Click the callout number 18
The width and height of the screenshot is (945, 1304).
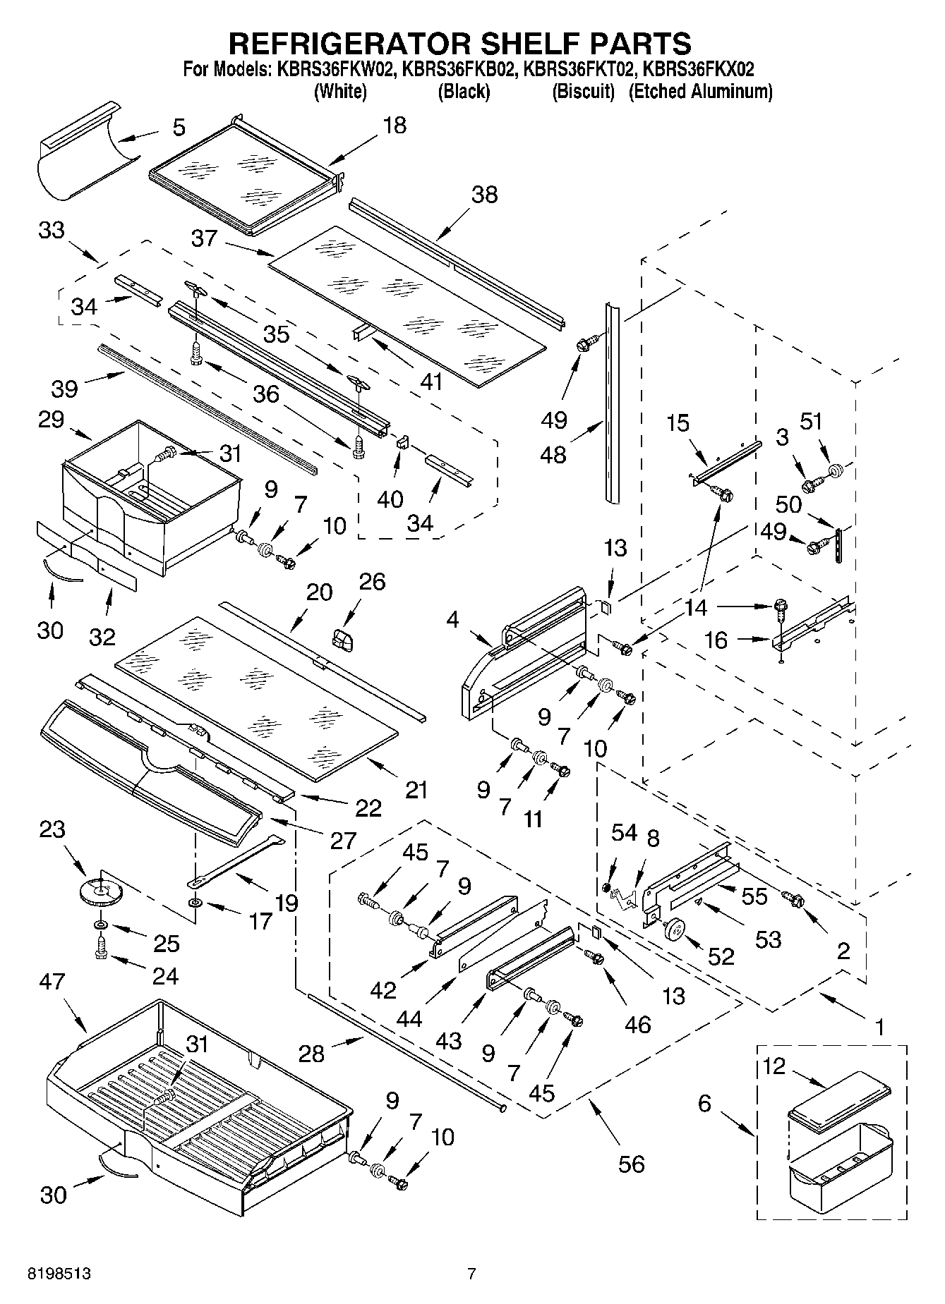(x=395, y=126)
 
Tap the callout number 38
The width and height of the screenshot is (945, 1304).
(x=484, y=195)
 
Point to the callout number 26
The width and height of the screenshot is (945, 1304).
(x=372, y=582)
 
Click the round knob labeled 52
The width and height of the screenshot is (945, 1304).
(x=675, y=930)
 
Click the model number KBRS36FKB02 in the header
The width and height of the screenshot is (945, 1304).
(x=462, y=70)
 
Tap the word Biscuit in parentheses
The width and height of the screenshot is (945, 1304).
(x=583, y=92)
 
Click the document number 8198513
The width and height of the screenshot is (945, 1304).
(x=59, y=1274)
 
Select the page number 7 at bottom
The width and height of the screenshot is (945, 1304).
(x=471, y=1274)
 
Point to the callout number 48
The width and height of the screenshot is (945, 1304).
(x=553, y=454)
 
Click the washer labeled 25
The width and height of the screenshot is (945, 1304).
(x=100, y=925)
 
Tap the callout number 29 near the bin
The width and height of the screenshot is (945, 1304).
(x=52, y=420)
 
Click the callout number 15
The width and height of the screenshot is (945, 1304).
(x=678, y=423)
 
